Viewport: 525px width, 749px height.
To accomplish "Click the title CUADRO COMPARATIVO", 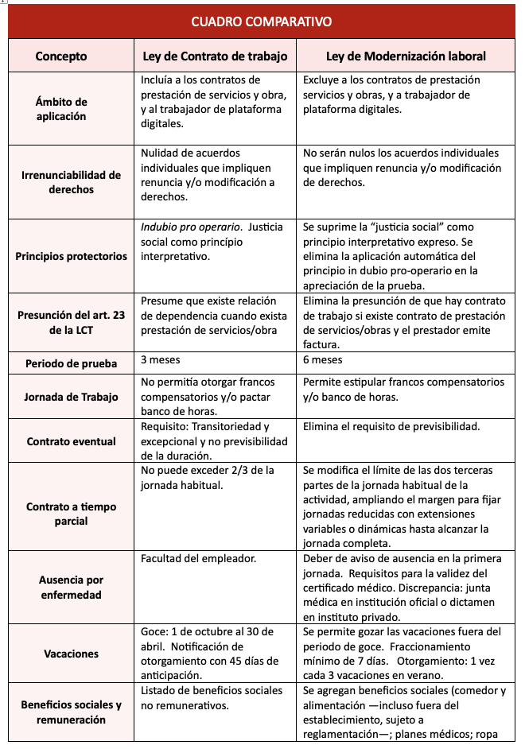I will [262, 21].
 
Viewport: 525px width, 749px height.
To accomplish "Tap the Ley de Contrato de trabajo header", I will [215, 56].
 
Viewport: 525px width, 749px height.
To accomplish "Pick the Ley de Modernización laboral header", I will [406, 56].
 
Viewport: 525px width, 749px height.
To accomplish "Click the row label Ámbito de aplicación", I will [61, 109].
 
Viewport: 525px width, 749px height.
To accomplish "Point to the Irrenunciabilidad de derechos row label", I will [69, 182].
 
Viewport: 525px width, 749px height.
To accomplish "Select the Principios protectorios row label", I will [71, 256].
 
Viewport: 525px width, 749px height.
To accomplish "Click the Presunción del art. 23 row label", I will [71, 323].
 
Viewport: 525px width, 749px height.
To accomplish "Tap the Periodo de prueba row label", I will [71, 363].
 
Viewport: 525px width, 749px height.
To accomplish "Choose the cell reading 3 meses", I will [160, 359].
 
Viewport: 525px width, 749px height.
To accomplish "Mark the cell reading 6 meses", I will [322, 359].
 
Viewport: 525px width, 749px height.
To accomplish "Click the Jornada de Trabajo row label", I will [71, 397].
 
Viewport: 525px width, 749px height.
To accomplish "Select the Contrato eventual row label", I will [71, 441].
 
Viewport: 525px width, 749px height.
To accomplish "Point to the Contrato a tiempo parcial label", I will [71, 514].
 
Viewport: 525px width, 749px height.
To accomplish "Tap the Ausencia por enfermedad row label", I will [71, 588].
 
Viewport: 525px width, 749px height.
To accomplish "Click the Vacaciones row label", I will [71, 654].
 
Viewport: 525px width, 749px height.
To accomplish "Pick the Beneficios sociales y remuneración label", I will [71, 712].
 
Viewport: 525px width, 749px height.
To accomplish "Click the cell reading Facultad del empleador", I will [198, 558].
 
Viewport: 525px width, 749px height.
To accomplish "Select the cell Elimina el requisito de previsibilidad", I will [391, 426].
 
